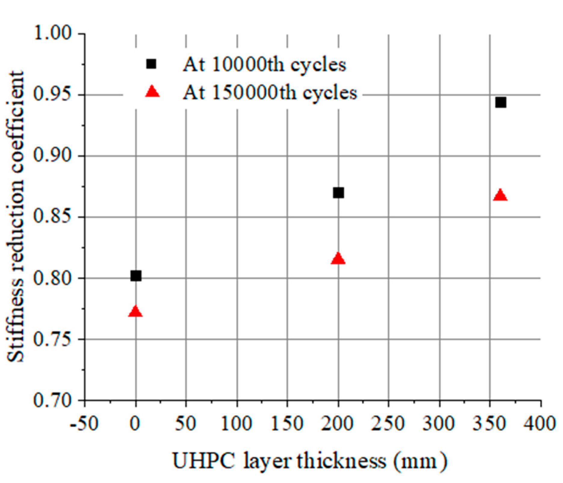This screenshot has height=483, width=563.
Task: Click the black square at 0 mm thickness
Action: [x=136, y=275]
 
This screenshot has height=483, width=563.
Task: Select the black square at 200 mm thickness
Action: [x=339, y=193]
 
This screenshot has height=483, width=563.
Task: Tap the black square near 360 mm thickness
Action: [x=501, y=102]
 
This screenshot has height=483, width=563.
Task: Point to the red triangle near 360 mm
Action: [x=500, y=196]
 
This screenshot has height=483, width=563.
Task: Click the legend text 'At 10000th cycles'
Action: [x=264, y=64]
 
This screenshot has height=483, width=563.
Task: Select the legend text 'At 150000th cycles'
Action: [x=270, y=93]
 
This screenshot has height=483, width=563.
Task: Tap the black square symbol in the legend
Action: [x=151, y=64]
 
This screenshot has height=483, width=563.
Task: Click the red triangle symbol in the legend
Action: [x=152, y=92]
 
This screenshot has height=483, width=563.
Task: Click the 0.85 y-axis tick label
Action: [x=53, y=217]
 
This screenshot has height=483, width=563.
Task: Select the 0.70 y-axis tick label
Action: [x=53, y=400]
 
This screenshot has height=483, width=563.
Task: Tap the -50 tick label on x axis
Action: [x=84, y=424]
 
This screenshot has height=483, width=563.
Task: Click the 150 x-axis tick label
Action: [x=287, y=424]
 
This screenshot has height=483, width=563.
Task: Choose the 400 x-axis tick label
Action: [x=541, y=424]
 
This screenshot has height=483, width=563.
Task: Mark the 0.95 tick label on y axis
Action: [x=53, y=95]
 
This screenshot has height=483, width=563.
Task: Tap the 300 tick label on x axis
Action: [x=440, y=424]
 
